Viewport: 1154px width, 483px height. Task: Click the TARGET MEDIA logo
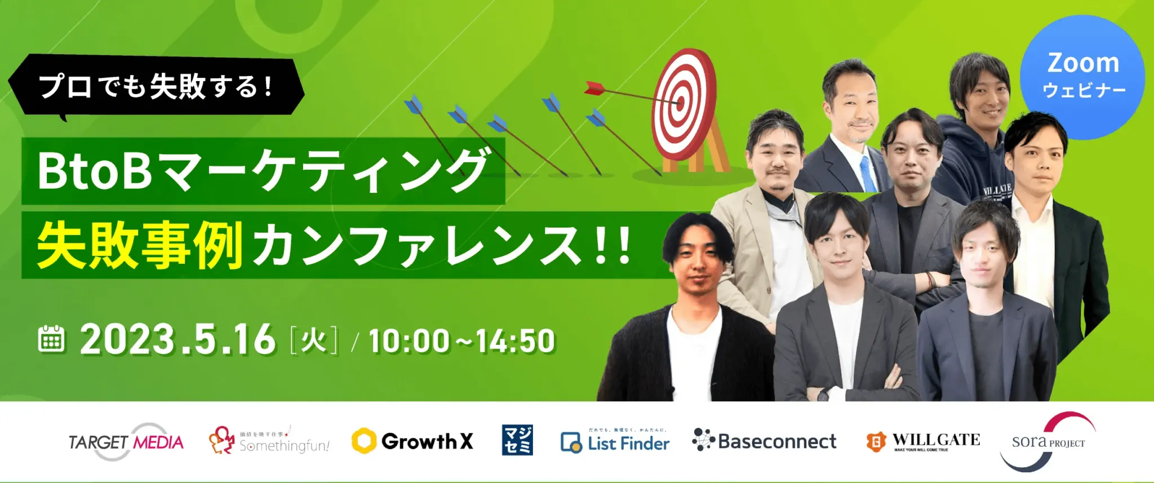(126, 442)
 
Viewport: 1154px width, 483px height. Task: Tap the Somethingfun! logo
(269, 441)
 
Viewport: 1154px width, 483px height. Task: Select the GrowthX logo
(412, 441)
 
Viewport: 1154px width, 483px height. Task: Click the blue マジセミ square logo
(517, 440)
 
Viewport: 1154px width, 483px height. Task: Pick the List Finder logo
(615, 442)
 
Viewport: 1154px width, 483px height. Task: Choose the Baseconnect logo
(764, 441)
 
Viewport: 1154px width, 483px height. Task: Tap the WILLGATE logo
(923, 441)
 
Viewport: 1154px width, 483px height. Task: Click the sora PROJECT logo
(1048, 442)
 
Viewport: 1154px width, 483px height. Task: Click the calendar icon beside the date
(51, 339)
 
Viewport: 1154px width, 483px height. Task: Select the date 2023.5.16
(178, 340)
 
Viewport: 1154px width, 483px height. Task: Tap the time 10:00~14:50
(462, 341)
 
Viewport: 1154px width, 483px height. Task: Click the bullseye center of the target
(680, 104)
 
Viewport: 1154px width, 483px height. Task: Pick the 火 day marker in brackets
(314, 340)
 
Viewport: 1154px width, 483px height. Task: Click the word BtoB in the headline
(95, 171)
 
